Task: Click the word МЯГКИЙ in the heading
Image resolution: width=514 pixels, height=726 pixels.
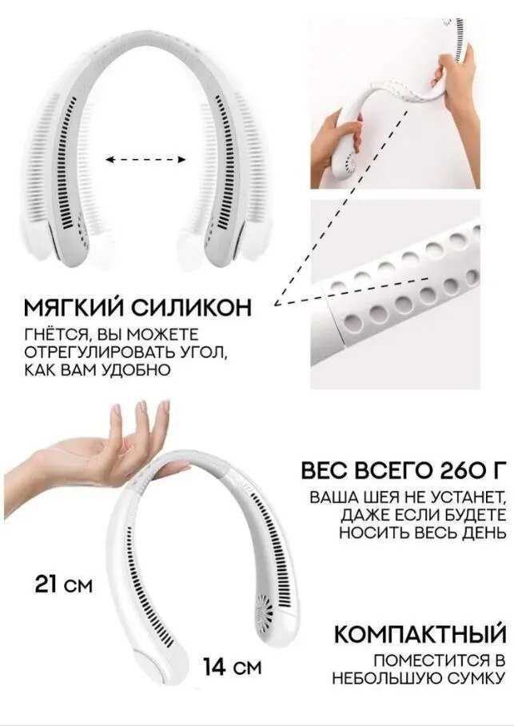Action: tap(74, 307)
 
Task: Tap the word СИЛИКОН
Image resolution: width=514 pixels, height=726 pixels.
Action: tap(192, 308)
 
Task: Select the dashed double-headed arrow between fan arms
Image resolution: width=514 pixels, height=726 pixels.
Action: tap(145, 160)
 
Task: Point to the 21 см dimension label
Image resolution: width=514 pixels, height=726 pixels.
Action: tap(64, 584)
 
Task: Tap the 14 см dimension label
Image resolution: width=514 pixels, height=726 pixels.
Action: tap(233, 667)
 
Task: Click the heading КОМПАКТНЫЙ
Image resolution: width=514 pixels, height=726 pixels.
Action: tap(420, 633)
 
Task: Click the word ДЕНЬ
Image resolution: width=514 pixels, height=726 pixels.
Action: tap(484, 533)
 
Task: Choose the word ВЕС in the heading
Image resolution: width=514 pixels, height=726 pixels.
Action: tap(324, 471)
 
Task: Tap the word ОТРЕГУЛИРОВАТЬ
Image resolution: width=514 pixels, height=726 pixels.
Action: tap(99, 352)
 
